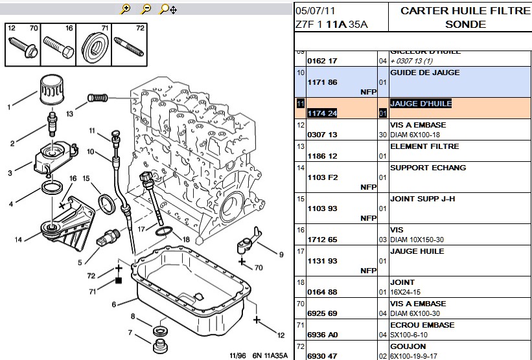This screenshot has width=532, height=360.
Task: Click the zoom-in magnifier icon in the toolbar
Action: [x=126, y=9]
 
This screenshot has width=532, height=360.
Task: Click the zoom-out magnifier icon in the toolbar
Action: [x=146, y=9]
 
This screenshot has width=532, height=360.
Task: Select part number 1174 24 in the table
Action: [x=322, y=113]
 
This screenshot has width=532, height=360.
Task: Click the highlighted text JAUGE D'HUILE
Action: [x=421, y=104]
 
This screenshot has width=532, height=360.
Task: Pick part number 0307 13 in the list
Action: [x=322, y=135]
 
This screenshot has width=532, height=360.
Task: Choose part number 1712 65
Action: [x=322, y=240]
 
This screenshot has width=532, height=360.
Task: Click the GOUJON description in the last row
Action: [x=409, y=346]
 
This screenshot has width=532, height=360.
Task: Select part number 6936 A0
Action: [x=322, y=335]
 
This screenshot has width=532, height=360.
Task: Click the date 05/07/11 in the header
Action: [x=315, y=11]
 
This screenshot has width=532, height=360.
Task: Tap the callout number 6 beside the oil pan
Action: [x=114, y=304]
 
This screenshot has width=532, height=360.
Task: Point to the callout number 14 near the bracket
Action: [x=19, y=239]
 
